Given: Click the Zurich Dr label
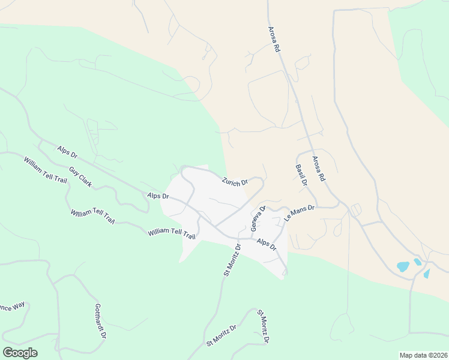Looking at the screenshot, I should click(235, 182).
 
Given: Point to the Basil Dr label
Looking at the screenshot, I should click(301, 175).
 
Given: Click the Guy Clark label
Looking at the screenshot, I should click(80, 177).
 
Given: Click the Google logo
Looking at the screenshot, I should click(20, 353).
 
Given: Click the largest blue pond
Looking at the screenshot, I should click(403, 266).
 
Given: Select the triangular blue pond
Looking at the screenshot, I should click(427, 274).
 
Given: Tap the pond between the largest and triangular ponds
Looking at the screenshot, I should click(417, 262).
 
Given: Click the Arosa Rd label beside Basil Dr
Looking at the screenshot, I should click(318, 169).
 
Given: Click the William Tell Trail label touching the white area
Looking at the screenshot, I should click(172, 233).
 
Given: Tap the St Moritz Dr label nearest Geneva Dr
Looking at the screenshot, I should click(232, 260).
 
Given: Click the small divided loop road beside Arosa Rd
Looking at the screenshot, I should click(356, 210).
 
